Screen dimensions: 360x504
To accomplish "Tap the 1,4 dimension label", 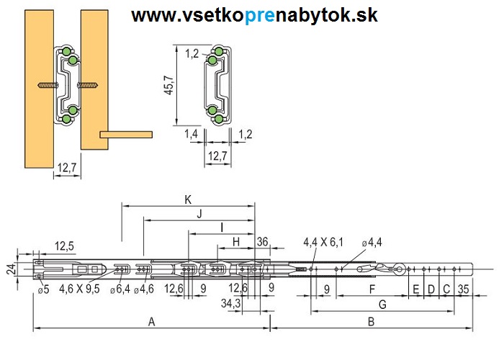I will coord(191,134).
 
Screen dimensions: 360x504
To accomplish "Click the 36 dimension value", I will coord(262,241).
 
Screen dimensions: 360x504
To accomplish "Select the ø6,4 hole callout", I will coord(120,289).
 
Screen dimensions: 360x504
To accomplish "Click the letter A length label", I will coord(150,322).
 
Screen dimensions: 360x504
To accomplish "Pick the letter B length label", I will coord(370,322).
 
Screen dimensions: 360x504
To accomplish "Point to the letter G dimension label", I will coord(382,305).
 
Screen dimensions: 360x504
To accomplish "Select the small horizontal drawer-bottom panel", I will coord(126,134).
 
